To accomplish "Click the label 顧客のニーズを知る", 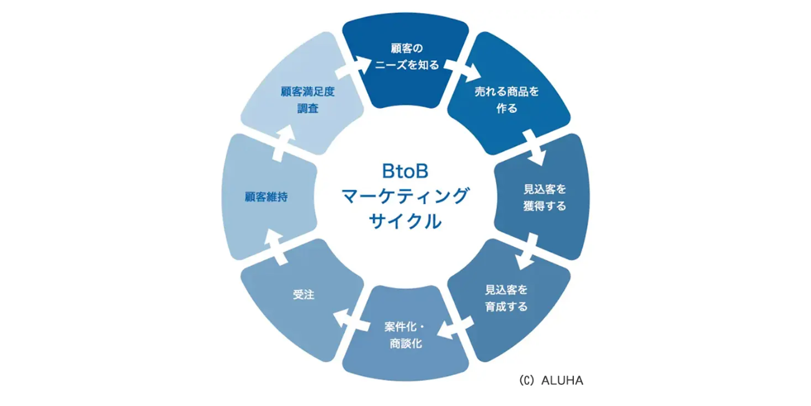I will coord(406,56).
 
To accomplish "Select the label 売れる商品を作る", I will coord(507,100).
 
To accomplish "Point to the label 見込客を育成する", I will coord(506,298).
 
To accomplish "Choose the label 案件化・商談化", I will coord(406,335).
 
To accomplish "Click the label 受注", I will coord(304,295).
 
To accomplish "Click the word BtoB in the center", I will coord(406,171).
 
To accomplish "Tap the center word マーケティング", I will coord(406,196).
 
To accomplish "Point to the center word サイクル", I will coord(406,221).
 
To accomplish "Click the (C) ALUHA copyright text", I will coord(550,380).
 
